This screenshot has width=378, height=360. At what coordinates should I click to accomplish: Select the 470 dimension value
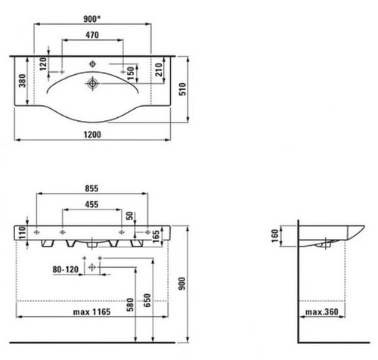[92, 35]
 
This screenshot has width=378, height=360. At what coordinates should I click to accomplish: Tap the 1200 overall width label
[92, 135]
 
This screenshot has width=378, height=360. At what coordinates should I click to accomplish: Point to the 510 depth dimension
[183, 89]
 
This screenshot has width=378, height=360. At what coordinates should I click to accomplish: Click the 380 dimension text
[23, 81]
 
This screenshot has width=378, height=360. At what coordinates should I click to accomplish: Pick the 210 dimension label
[159, 70]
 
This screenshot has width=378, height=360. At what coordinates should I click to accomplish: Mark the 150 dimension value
[131, 73]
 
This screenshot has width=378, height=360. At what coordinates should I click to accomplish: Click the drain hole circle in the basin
[92, 83]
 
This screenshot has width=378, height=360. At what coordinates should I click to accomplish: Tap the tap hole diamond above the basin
[93, 64]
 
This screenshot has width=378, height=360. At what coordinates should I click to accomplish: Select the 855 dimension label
[91, 188]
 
